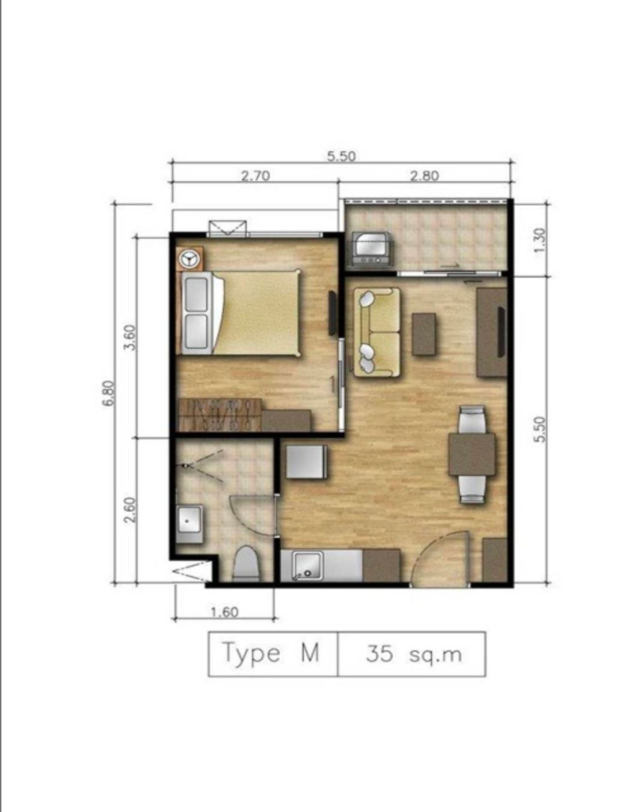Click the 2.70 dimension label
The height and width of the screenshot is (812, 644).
pyautogui.click(x=256, y=176)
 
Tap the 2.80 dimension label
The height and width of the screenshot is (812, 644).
pyautogui.click(x=425, y=176)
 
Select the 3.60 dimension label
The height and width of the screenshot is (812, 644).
pyautogui.click(x=130, y=337)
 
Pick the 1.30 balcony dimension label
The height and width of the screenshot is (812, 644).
pyautogui.click(x=540, y=240)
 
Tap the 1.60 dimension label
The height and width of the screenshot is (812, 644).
pyautogui.click(x=225, y=612)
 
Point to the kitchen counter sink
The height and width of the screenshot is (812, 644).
pyautogui.click(x=308, y=565)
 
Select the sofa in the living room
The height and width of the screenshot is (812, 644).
pyautogui.click(x=376, y=333)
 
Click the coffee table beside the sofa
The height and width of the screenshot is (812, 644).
pyautogui.click(x=424, y=334)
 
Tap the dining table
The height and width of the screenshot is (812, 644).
pyautogui.click(x=471, y=455)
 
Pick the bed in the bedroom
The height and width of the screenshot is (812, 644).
pyautogui.click(x=241, y=312)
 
